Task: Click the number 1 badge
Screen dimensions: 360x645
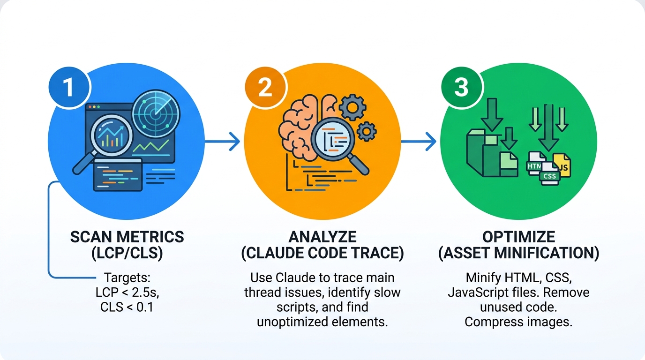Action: coord(69,87)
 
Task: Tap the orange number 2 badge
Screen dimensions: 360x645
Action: coord(265,87)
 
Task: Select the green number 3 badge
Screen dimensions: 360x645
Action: coord(461,87)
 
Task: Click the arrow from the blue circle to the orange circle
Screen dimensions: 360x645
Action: coord(222,141)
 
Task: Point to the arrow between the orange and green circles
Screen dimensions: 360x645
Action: coord(419,141)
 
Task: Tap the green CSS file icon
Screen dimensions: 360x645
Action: coord(549,176)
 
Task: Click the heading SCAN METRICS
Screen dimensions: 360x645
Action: coord(127,237)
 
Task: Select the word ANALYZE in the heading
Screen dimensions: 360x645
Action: coord(322,237)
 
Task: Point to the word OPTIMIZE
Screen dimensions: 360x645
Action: coord(519,237)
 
